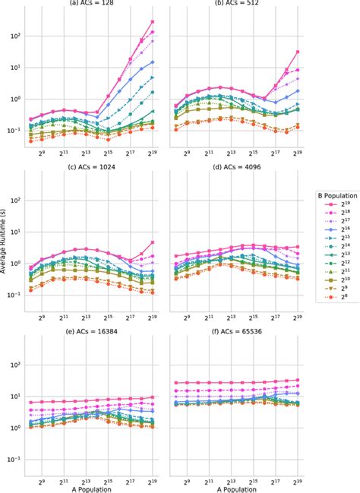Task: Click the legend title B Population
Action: click(333, 195)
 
